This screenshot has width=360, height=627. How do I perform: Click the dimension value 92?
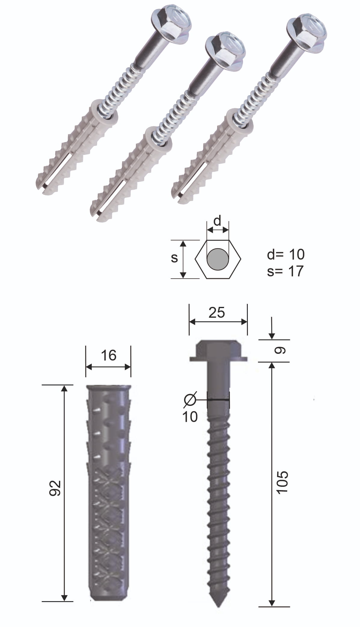coord(55,488)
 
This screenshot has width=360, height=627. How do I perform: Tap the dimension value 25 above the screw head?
coord(217,313)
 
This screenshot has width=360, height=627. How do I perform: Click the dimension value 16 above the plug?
coord(109,355)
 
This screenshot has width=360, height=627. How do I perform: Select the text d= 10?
coord(285,255)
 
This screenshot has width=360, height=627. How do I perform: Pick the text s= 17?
coord(285,271)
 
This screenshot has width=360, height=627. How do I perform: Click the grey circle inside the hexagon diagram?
coord(217,259)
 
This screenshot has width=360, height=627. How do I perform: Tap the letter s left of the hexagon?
coord(174,258)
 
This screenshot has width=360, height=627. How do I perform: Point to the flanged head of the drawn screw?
coord(218,351)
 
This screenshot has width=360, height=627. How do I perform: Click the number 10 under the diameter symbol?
coord(190,417)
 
